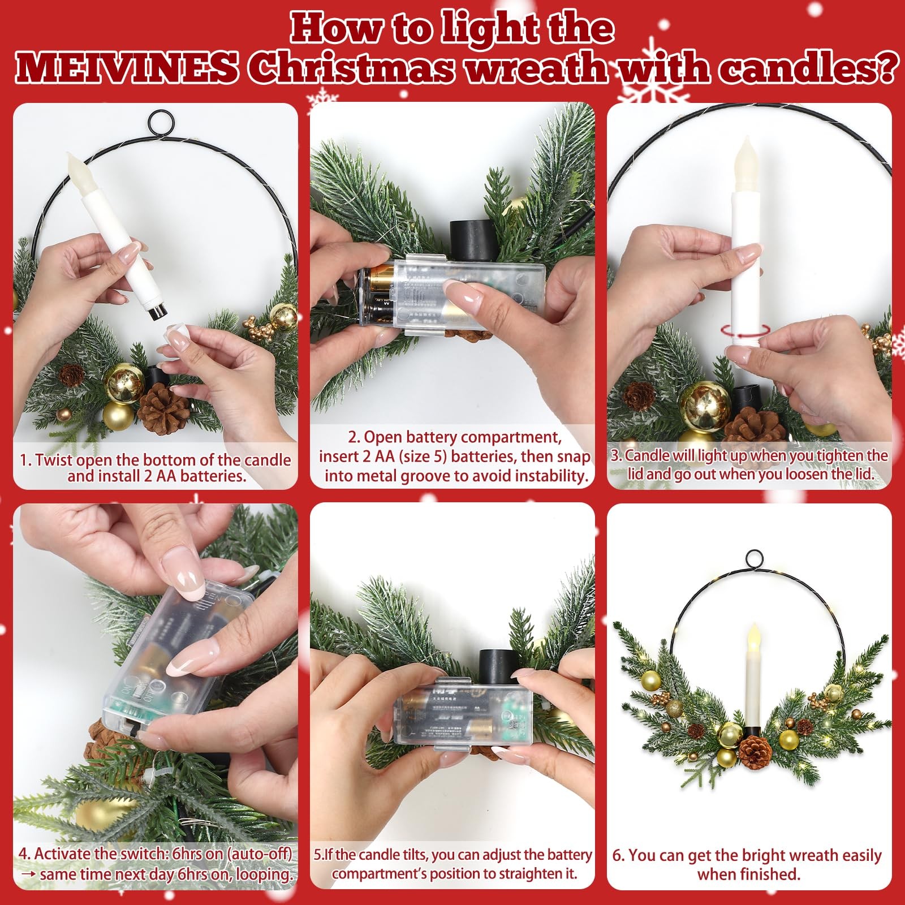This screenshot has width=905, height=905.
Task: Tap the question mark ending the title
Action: (886, 68)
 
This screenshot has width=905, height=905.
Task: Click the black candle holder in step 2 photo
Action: (471, 240)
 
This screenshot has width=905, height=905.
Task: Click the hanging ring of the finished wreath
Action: (754, 559)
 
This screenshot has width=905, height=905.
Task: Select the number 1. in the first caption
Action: (26, 460)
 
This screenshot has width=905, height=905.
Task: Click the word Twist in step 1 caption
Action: (54, 460)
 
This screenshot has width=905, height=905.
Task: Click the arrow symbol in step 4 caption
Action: (28, 874)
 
